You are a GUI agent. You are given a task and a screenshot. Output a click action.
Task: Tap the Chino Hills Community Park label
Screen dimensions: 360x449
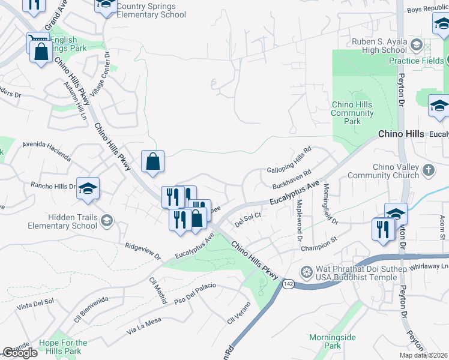point(352,113)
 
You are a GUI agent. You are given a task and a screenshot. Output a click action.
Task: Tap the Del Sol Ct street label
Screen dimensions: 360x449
point(248,219)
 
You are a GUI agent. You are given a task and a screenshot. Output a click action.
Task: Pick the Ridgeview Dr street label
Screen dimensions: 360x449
point(143,251)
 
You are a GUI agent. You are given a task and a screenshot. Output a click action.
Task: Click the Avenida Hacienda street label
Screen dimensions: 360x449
point(47,151)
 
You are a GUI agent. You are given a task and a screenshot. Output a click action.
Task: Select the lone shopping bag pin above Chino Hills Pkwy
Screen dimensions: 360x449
point(153,161)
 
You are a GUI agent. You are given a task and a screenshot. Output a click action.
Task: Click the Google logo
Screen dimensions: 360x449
point(20,353)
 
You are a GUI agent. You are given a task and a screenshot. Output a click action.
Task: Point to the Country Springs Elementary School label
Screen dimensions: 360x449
point(151,11)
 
